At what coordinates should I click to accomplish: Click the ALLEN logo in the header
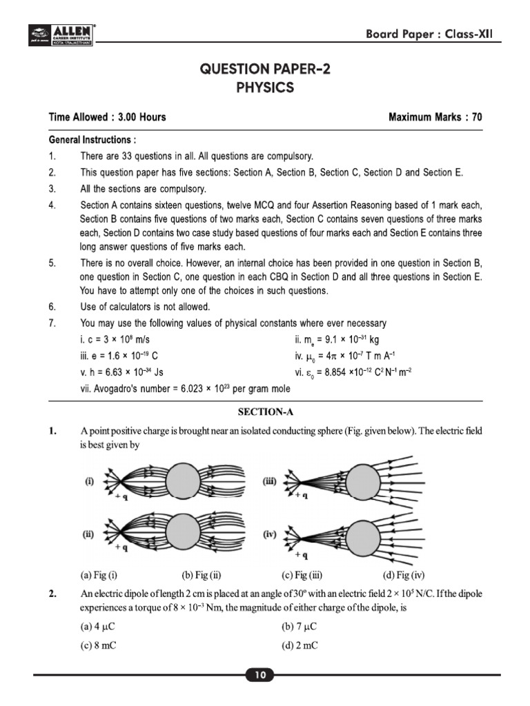point(63,34)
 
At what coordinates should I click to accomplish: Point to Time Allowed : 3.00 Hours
point(107,117)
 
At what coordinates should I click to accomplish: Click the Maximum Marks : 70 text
point(435,117)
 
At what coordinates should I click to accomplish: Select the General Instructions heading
point(92,139)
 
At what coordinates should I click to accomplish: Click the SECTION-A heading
point(265,412)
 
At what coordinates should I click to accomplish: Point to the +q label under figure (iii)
point(300,496)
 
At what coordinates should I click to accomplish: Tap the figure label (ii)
point(89,533)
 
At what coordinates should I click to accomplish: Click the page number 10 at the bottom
point(260,676)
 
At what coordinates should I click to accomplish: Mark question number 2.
point(52,593)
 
